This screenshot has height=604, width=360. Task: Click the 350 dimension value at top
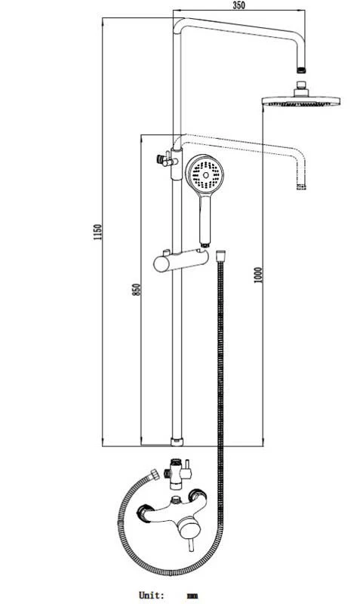238,5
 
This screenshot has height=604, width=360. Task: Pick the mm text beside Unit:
192,596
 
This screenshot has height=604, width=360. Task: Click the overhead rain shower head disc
301,100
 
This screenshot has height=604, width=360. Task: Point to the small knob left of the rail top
160,160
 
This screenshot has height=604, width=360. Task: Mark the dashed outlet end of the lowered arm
302,183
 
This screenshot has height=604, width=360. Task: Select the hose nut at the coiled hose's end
156,474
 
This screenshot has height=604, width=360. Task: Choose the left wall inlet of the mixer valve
143,513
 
